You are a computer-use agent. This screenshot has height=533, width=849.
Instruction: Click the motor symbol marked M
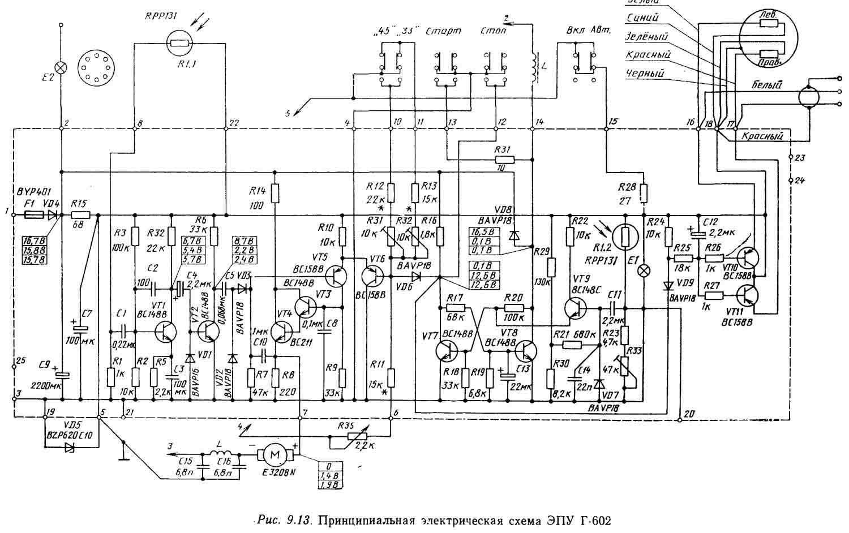point(275,454)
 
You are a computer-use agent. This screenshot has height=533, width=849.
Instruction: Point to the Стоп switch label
point(492,31)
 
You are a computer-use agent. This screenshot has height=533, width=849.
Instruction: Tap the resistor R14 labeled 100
point(275,194)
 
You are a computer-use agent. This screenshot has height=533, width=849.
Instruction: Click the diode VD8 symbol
point(513,235)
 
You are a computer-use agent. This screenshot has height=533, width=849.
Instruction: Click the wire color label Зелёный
point(646,36)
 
